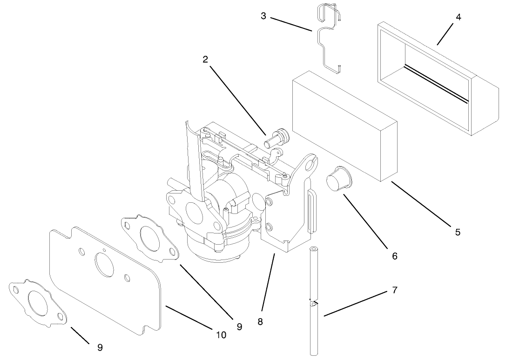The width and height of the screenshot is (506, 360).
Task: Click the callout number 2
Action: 205,60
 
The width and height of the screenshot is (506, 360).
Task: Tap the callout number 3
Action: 263,16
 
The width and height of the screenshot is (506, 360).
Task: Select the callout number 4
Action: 458,17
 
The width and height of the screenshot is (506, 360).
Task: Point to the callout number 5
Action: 458,232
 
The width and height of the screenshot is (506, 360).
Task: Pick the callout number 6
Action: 395,255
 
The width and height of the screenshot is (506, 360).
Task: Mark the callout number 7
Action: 395,290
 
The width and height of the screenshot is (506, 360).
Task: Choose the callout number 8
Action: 260,321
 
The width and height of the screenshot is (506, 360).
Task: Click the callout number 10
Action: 221,334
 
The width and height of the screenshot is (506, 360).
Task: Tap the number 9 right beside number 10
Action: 239,327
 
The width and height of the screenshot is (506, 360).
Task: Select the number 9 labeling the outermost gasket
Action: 100,347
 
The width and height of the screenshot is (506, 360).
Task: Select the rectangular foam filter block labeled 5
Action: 344,126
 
